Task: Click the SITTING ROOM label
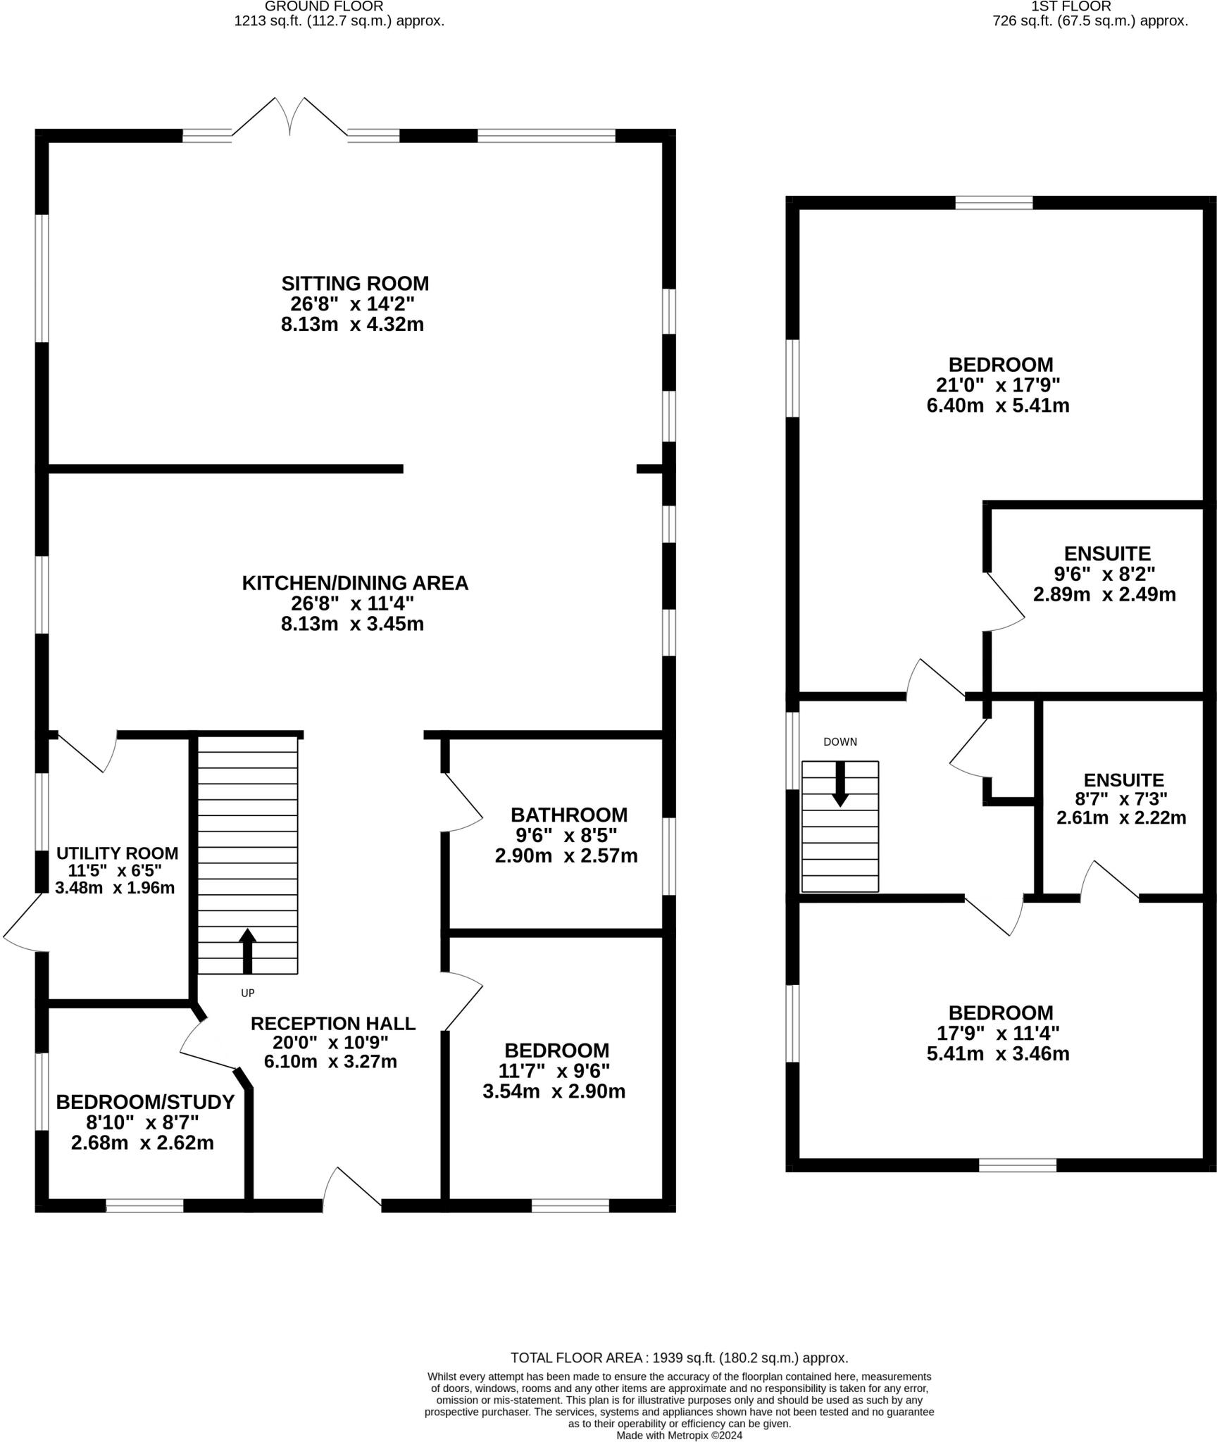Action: (355, 284)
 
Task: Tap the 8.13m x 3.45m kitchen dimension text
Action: (352, 624)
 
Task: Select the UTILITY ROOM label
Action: (117, 853)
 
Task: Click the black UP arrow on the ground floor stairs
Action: (246, 951)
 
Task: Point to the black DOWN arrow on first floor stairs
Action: (840, 783)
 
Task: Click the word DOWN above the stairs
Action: (840, 741)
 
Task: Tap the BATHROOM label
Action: (568, 815)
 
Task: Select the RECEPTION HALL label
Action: (332, 1023)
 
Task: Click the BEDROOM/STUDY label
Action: (145, 1102)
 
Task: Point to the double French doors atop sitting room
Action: (289, 116)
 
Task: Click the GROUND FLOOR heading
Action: (324, 6)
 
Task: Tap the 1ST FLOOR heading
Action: (1090, 6)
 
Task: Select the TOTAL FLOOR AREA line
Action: (679, 1358)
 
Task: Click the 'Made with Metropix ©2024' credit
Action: (679, 1435)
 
